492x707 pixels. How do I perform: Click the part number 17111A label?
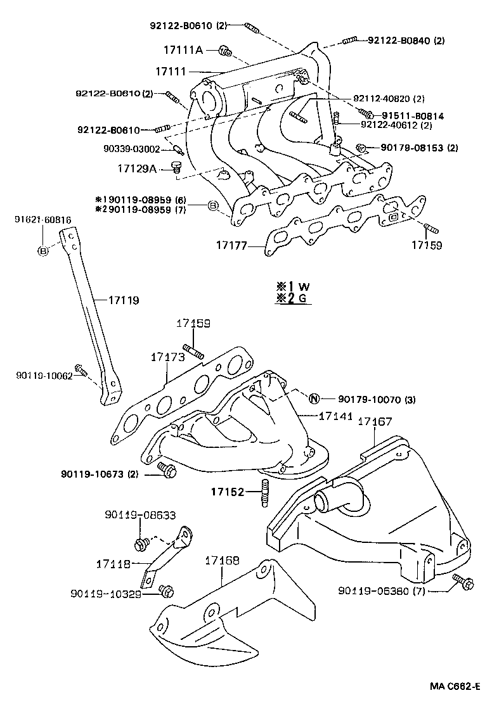tap(183, 50)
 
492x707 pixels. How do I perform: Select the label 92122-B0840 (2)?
tap(406, 41)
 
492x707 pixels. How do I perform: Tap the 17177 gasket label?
tap(231, 245)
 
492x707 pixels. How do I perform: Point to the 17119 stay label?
tap(124, 300)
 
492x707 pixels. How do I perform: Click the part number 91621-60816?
tap(42, 220)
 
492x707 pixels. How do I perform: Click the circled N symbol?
tap(314, 398)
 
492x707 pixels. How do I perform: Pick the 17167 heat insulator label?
tap(375, 421)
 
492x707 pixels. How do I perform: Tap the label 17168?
tap(222, 561)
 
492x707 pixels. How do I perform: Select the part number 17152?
tap(228, 492)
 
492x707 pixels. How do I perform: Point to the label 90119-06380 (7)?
tap(382, 590)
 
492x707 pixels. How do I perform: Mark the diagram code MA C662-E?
tap(455, 686)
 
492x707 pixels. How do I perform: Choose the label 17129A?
tap(137, 169)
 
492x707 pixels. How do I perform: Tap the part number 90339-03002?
tap(131, 149)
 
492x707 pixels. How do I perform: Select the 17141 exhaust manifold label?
tap(336, 416)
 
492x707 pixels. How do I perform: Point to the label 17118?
tap(113, 564)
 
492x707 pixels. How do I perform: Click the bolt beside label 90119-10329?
tap(167, 590)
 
